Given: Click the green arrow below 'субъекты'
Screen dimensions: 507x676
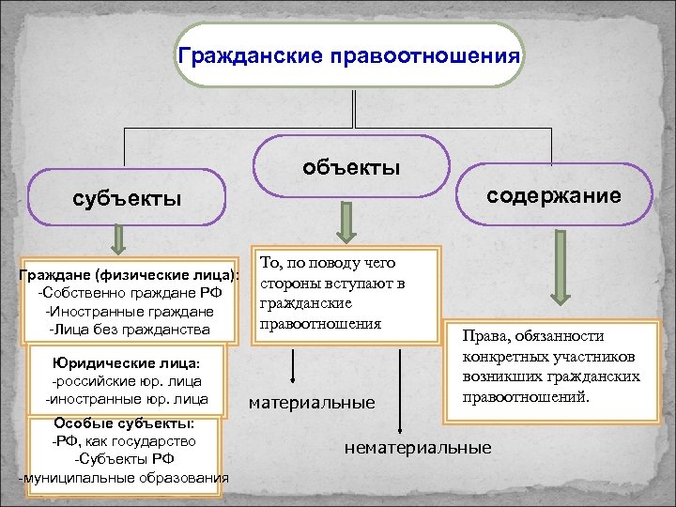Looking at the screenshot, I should point(118,241).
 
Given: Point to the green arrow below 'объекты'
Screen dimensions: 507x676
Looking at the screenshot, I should point(346,223).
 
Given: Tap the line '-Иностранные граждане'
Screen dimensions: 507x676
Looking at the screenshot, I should point(130,311).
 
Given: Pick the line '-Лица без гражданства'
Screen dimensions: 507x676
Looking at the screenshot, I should point(130,329).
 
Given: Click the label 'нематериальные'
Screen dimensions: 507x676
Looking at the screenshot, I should point(418,448).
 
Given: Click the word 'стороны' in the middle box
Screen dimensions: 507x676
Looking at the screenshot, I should point(287,283).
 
